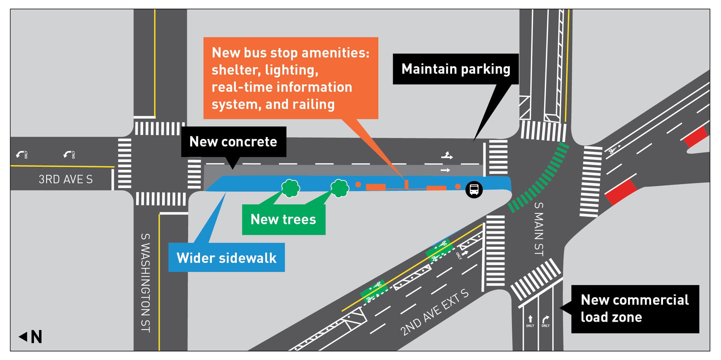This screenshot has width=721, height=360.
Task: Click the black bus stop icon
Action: click(x=474, y=189)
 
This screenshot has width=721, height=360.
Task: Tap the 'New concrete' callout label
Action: click(x=234, y=142)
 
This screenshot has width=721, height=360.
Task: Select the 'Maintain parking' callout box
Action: click(x=455, y=69)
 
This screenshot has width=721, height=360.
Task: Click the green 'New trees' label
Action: click(x=283, y=219)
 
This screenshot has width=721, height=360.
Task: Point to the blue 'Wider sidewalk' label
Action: click(x=226, y=258)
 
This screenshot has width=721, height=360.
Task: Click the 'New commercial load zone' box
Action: click(x=634, y=309)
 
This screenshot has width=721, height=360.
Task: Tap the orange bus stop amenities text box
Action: click(x=291, y=78)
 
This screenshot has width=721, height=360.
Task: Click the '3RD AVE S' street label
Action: click(x=66, y=179)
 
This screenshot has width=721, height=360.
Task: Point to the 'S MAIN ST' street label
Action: click(x=538, y=229)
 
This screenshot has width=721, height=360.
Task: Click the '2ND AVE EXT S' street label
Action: click(x=434, y=312)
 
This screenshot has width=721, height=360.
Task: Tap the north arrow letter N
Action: click(x=36, y=337)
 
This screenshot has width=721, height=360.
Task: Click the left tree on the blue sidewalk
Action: click(x=291, y=188)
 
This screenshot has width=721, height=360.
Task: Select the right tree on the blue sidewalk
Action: click(x=340, y=188)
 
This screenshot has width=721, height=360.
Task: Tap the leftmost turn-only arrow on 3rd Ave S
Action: click(x=20, y=155)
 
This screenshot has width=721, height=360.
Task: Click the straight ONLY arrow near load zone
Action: click(x=530, y=320)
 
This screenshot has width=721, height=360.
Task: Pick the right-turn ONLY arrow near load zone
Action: click(x=545, y=320)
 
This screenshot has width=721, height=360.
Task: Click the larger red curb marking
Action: click(x=621, y=192)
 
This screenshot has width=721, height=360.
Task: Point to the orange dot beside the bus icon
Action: click(x=457, y=186)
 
